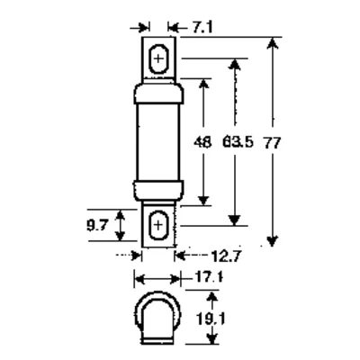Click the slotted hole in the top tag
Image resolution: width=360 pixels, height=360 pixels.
[x=158, y=61]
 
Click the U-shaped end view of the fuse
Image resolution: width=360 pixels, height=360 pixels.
[x=158, y=319]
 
